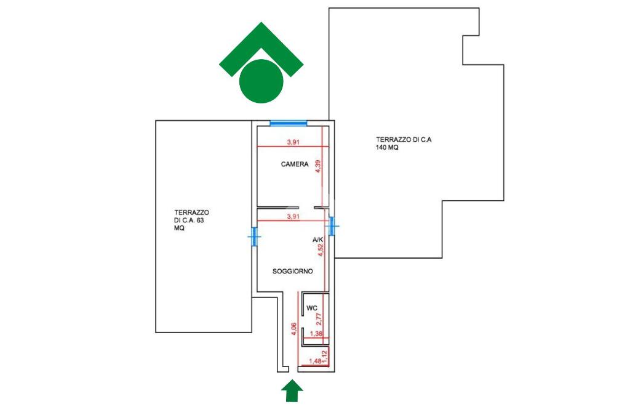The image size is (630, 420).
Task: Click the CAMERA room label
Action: pos(295,164)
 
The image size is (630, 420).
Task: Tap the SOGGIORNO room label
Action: pos(292,271)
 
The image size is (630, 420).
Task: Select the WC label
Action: pos(312,308)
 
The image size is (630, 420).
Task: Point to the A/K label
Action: pos(318,240)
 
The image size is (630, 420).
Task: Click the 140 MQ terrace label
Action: pos(404,143)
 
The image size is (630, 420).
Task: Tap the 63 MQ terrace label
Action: pos(191,220)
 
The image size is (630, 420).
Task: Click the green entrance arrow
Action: pos(292,390)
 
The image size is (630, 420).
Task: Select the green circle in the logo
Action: pos(261,81)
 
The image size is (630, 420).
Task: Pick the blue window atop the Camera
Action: pos(288,123)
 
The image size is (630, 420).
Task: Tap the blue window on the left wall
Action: pos(254,236)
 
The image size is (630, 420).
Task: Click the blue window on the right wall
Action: pos(332,225)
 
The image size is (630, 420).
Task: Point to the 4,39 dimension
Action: pos(318,166)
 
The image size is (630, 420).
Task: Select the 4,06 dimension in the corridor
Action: pos(293,329)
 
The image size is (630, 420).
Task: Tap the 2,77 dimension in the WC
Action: pos(319,319)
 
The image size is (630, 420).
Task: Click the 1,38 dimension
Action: pos(316,334)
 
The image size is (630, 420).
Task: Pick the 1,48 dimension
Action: pos(316,361)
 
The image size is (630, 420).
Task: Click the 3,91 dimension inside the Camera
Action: pos(293,142)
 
